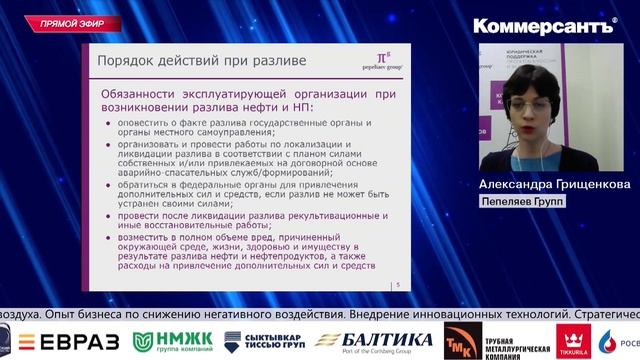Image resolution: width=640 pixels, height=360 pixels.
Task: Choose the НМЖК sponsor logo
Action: [x=173, y=341]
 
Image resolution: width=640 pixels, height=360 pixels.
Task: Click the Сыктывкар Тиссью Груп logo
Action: [x=265, y=341]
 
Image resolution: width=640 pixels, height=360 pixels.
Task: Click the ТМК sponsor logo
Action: [x=460, y=340]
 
